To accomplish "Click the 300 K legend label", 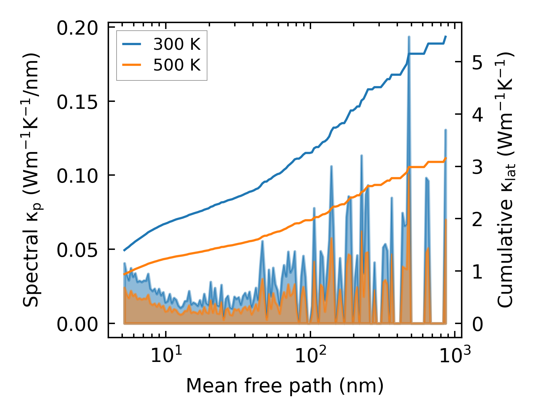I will [x=177, y=44].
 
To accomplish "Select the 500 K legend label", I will [x=177, y=65].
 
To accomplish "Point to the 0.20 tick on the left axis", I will [x=77, y=28].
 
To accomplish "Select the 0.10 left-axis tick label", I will [x=77, y=176].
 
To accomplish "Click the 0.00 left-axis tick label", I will [x=77, y=324].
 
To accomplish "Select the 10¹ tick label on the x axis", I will [x=166, y=355].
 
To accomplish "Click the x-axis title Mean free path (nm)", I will [x=285, y=386].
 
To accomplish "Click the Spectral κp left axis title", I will [x=32, y=180].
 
